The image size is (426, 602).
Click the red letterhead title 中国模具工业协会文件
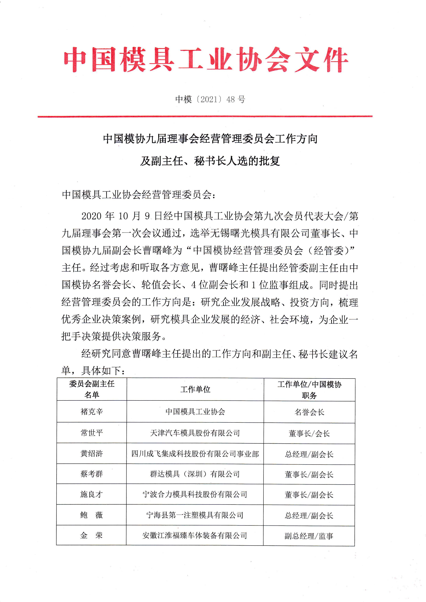(x=206, y=60)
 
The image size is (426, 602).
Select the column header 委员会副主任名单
(x=92, y=389)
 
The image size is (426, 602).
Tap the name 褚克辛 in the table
(x=92, y=411)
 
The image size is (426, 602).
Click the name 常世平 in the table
(x=92, y=433)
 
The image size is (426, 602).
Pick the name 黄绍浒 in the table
(x=92, y=453)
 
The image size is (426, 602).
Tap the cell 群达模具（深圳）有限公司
(x=195, y=474)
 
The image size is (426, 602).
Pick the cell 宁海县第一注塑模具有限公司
(x=195, y=515)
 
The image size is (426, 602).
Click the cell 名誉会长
(x=310, y=412)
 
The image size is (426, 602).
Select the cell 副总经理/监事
(x=309, y=536)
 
